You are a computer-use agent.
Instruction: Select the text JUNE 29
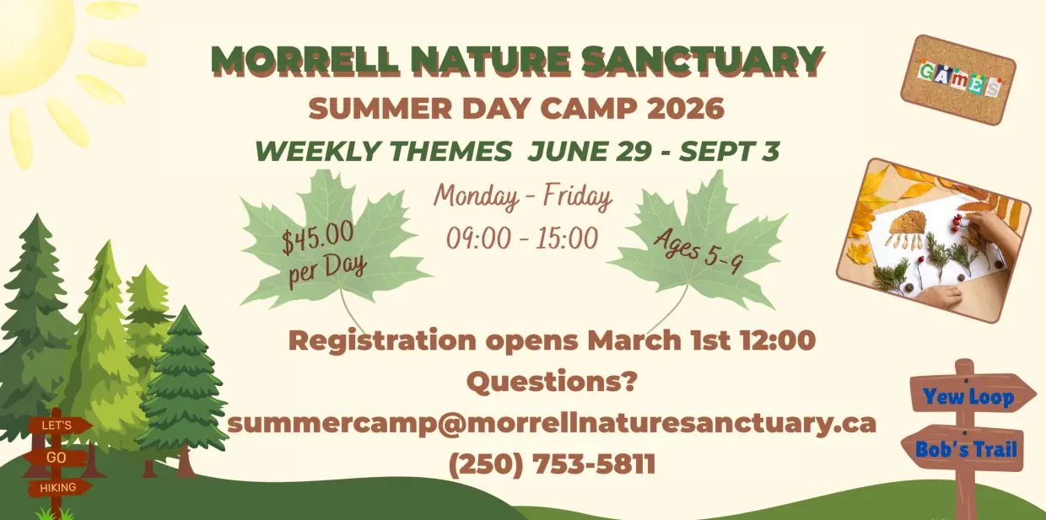tap(590, 151)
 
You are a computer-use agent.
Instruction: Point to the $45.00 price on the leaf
tap(317, 238)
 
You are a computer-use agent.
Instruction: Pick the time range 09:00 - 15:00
tap(522, 239)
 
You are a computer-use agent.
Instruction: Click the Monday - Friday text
tap(522, 196)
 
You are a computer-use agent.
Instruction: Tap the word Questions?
tap(552, 382)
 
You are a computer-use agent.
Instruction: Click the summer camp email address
tap(552, 424)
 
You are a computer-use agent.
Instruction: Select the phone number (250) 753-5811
tap(552, 464)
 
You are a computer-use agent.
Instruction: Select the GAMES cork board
tap(957, 80)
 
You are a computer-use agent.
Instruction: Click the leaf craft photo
tap(934, 241)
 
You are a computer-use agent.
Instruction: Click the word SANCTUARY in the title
tap(703, 61)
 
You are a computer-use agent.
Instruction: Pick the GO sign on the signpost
tap(56, 458)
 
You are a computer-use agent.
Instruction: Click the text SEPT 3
tap(730, 151)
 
